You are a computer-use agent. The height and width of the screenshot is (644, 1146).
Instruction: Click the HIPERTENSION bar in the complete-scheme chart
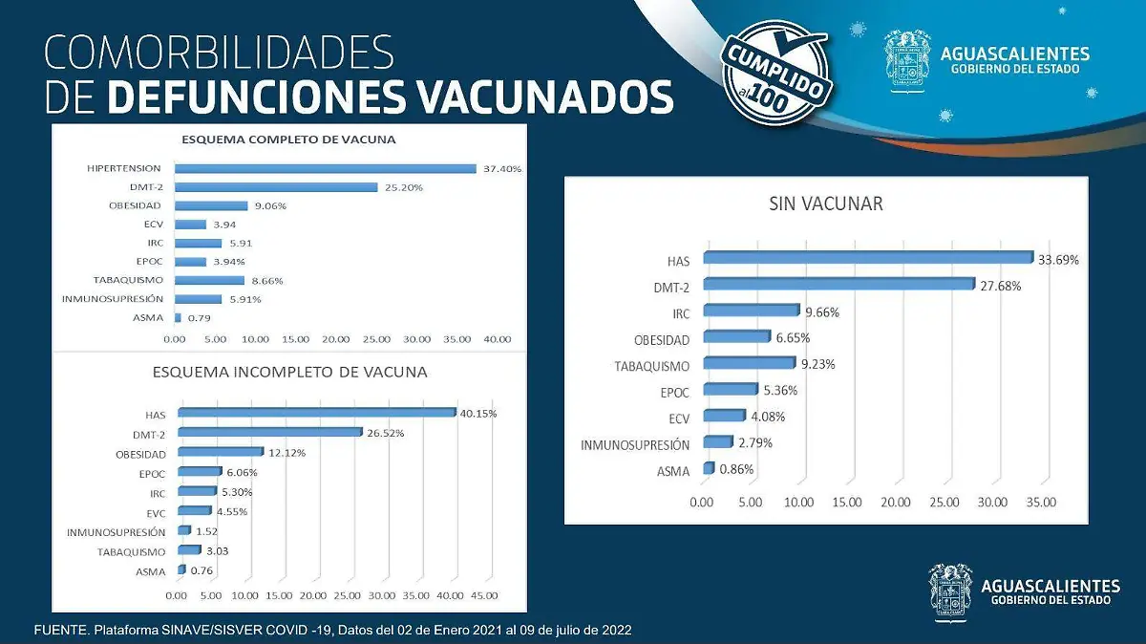[325, 169]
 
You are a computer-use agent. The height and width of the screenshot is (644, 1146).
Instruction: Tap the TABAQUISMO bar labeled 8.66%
[209, 280]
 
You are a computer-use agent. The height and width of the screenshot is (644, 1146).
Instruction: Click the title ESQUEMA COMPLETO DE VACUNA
[288, 140]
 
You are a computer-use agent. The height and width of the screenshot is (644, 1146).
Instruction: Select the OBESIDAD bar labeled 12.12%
[221, 452]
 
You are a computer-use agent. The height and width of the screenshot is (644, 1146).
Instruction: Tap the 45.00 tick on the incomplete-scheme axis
[483, 595]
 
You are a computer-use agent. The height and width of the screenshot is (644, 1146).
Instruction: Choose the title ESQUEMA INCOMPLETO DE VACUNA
[289, 372]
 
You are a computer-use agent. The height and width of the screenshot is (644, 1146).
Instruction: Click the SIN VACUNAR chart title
[825, 204]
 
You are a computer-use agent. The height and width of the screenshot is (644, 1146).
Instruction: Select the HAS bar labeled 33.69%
[867, 258]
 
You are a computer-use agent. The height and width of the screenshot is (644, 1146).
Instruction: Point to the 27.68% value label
[1001, 286]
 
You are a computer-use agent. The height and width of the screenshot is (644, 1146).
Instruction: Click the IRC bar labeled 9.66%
[750, 311]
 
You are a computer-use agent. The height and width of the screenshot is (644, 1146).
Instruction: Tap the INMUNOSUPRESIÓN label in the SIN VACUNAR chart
[635, 444]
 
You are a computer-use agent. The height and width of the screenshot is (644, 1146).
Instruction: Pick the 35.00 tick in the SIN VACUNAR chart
[1040, 503]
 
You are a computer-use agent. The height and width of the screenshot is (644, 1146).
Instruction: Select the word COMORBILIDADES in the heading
[219, 53]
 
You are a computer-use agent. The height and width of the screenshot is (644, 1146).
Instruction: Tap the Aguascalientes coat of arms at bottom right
[952, 592]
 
